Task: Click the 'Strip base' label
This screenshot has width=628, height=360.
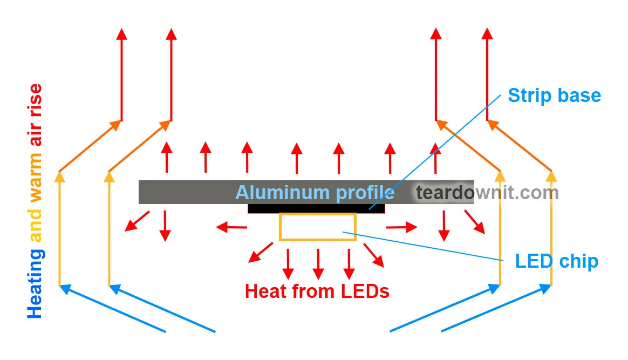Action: (554, 96)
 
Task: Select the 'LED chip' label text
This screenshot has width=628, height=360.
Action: (556, 261)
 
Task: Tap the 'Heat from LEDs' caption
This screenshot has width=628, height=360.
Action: (317, 291)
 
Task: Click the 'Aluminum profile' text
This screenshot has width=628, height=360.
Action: (315, 193)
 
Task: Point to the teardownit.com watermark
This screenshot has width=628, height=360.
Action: (487, 193)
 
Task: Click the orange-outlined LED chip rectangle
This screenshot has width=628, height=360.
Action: (317, 227)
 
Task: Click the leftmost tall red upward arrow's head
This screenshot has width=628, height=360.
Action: (121, 33)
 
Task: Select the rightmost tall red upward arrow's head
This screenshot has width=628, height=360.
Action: (487, 33)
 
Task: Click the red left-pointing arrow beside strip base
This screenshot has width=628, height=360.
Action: (221, 227)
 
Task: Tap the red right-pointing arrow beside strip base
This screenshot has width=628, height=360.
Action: (412, 227)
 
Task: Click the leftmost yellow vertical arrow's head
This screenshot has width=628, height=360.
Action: (59, 176)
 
